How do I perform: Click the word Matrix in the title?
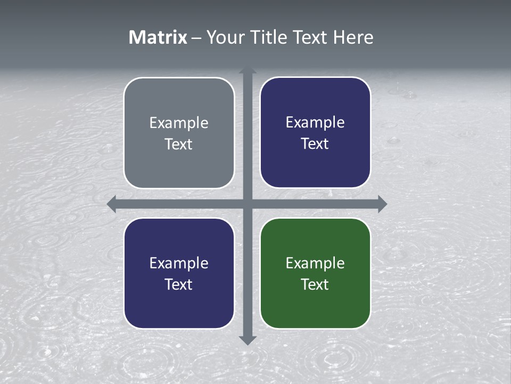pyautogui.click(x=158, y=37)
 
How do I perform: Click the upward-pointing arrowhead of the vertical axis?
pyautogui.click(x=248, y=70)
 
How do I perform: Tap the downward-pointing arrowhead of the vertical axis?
pyautogui.click(x=248, y=340)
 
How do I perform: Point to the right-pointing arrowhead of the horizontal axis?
pyautogui.click(x=382, y=204)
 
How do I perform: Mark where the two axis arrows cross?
pyautogui.click(x=248, y=204)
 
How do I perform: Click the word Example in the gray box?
pyautogui.click(x=179, y=123)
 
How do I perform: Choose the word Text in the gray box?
pyautogui.click(x=179, y=145)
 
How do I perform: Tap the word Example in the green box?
pyautogui.click(x=315, y=263)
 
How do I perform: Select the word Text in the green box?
pyautogui.click(x=315, y=284)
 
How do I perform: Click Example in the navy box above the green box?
pyautogui.click(x=315, y=123)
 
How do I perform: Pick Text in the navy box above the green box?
pyautogui.click(x=315, y=144)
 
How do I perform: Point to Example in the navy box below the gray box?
pyautogui.click(x=179, y=263)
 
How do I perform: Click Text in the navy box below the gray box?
pyautogui.click(x=179, y=284)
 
